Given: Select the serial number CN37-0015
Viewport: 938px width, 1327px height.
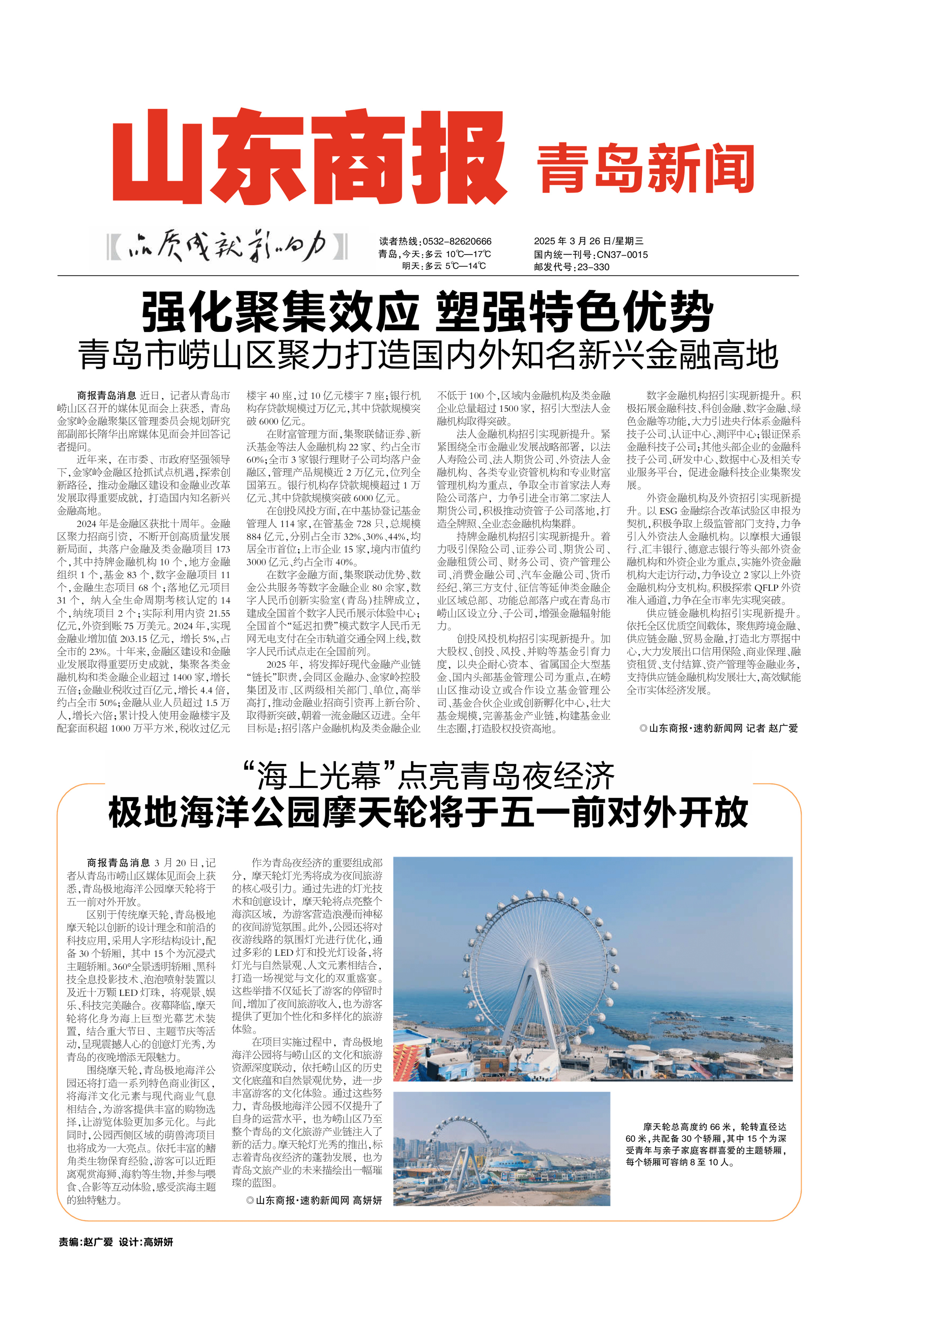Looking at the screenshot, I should [x=622, y=254].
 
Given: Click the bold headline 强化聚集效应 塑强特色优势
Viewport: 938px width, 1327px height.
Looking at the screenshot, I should [x=427, y=312].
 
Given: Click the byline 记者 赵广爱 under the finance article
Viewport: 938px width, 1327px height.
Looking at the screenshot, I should [x=771, y=728].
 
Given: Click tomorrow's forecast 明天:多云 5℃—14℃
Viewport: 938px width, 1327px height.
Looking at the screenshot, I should [x=443, y=267].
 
